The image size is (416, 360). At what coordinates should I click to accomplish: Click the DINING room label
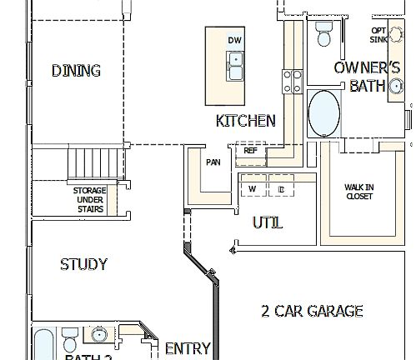point(76,71)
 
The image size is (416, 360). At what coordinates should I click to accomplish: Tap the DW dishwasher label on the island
point(235,40)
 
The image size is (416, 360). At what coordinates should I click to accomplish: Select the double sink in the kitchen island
point(235,65)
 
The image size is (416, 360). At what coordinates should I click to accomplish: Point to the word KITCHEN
point(245,121)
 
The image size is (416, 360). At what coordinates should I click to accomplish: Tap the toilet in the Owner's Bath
point(323,35)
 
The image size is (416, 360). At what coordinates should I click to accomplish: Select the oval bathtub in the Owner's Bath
point(323,113)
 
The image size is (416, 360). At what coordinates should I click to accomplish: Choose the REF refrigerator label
point(250,151)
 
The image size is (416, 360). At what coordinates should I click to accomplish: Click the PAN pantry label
point(213,162)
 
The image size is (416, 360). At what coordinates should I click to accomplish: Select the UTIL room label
point(267,223)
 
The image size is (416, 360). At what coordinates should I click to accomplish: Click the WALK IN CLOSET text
point(358,192)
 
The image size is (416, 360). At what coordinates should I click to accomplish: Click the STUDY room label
point(83,265)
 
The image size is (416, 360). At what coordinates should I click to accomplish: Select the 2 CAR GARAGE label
point(312,312)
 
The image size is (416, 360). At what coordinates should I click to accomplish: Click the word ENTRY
point(188,348)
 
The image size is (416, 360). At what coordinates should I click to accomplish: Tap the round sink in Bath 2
point(98,336)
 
